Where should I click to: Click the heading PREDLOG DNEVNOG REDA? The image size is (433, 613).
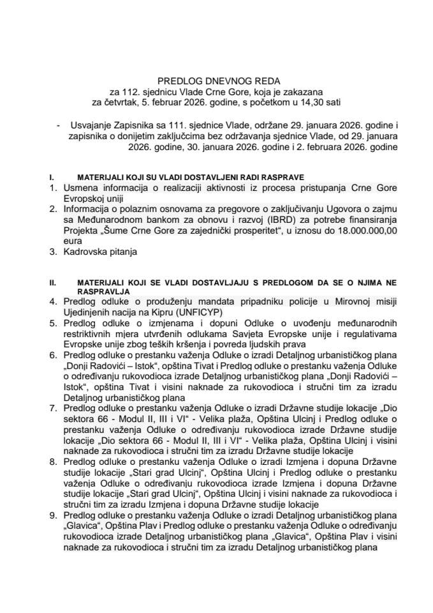click(216, 82)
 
